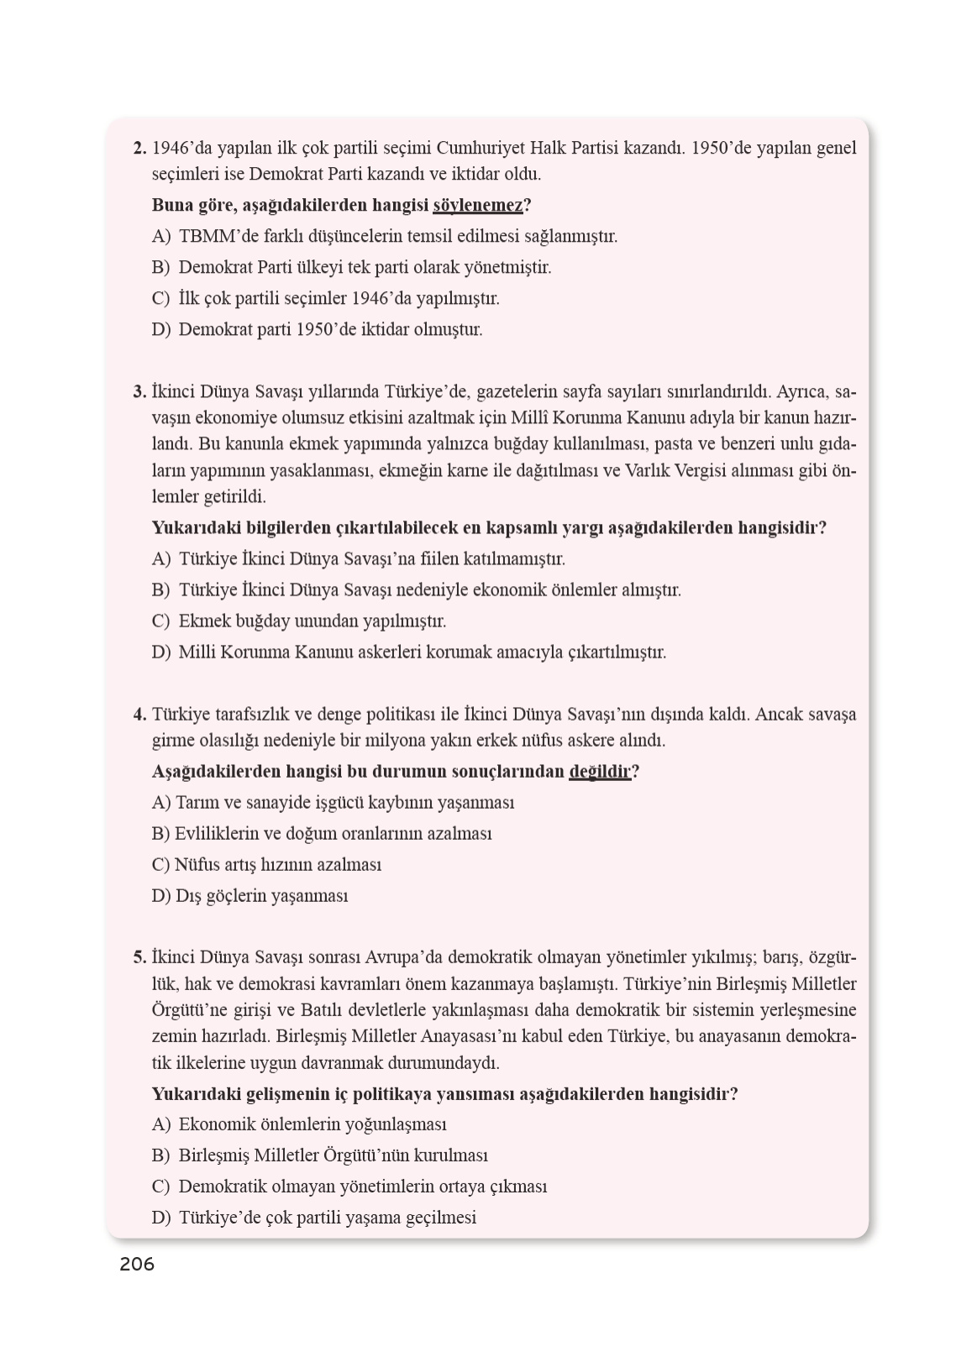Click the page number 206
[x=137, y=1264]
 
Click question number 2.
[x=139, y=149]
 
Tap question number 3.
[x=139, y=391]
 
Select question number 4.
[x=139, y=715]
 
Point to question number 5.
[x=139, y=957]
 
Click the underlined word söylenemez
[x=477, y=205]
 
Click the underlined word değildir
[x=599, y=772]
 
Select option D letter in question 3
[x=160, y=652]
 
